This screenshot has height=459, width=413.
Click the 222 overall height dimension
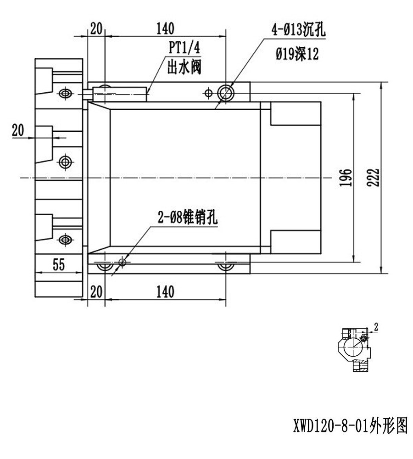click(373, 177)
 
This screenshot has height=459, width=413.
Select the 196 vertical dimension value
click(346, 177)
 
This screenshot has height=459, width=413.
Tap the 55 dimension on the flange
click(59, 265)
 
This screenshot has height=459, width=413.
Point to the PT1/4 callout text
click(184, 47)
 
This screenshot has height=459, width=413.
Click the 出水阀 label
click(184, 67)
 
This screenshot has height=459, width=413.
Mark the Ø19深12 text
click(297, 54)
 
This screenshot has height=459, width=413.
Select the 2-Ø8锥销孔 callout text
click(188, 218)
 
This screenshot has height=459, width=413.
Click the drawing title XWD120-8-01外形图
click(351, 425)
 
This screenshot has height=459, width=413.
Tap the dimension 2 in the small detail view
click(376, 327)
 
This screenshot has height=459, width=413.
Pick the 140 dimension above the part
click(165, 28)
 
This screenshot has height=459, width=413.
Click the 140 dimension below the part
click(165, 292)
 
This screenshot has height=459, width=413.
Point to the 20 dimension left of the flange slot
click(18, 130)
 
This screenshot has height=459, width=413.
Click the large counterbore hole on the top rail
click(226, 93)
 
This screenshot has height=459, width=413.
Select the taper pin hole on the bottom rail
click(122, 262)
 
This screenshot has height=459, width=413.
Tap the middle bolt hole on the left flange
click(65, 162)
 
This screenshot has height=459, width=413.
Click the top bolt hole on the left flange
click(65, 93)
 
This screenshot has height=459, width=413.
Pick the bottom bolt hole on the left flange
click(65, 240)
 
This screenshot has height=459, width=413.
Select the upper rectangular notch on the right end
click(296, 113)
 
